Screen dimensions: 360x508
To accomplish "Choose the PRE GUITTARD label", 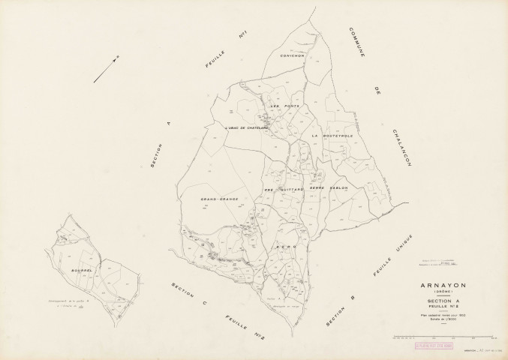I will pyautogui.click(x=283, y=190).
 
